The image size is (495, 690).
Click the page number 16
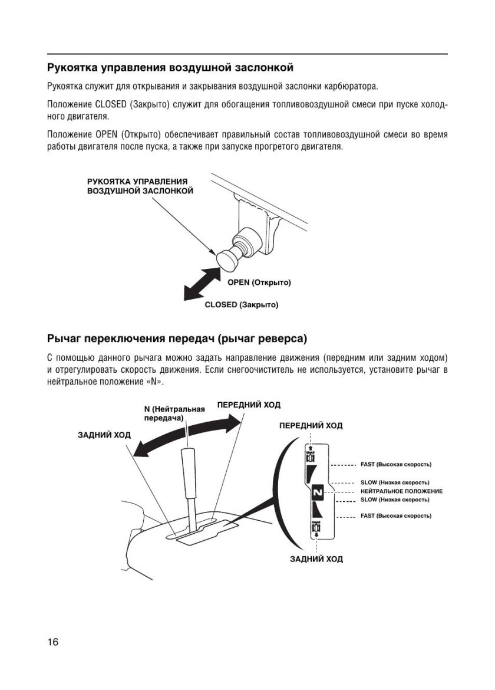tap(52, 642)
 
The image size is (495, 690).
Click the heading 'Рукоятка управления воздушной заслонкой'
tap(170, 66)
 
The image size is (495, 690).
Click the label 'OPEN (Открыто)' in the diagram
tap(259, 282)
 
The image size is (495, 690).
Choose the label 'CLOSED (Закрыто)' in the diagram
tap(241, 305)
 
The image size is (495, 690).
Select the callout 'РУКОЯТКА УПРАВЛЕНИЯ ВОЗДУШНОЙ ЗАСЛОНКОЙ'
tap(140, 186)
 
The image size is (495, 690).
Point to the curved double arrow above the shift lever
tap(187, 435)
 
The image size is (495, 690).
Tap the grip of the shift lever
tap(187, 469)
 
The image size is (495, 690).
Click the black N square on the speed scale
tap(317, 491)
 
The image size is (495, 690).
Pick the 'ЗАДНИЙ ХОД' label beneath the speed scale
tap(316, 558)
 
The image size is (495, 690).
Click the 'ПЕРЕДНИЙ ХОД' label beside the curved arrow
tap(249, 405)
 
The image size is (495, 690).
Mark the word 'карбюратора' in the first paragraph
tap(351, 86)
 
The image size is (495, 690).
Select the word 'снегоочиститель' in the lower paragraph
tap(292, 369)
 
